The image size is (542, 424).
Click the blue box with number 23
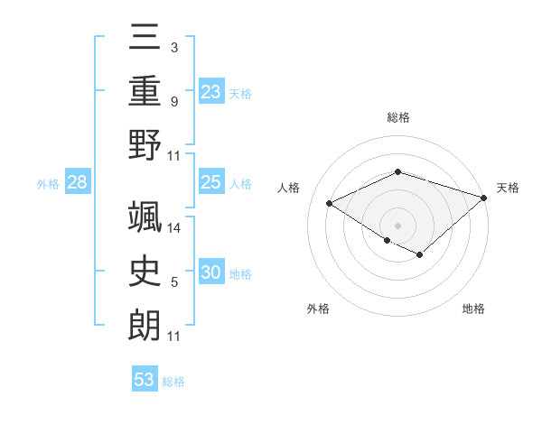click(x=211, y=91)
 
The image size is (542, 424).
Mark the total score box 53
click(x=145, y=380)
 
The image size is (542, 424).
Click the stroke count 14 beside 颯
click(x=174, y=227)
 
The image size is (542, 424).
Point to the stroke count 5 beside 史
click(x=174, y=282)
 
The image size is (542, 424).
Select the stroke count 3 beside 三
click(x=174, y=48)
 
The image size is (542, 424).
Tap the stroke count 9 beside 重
click(x=174, y=101)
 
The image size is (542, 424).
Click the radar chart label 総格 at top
click(x=397, y=117)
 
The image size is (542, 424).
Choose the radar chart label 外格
click(x=318, y=309)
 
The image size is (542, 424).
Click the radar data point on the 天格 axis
click(x=484, y=198)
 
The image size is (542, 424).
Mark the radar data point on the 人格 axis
click(x=330, y=204)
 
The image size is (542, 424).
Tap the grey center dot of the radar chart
click(x=397, y=225)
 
